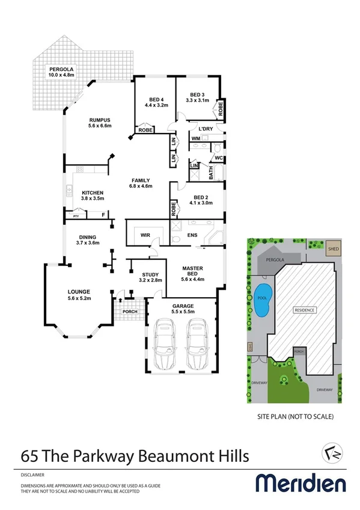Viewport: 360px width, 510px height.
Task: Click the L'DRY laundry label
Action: tap(198, 129)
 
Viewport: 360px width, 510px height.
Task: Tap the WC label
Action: tap(218, 158)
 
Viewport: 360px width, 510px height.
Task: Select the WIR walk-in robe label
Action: tap(146, 235)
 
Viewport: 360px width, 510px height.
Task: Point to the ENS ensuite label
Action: tap(193, 235)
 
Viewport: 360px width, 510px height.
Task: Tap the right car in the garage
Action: tap(197, 345)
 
